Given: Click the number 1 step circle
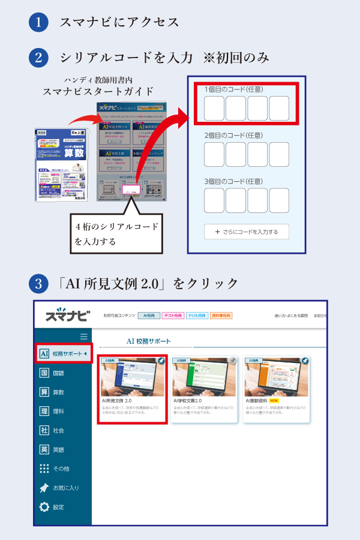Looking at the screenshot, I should (x=38, y=22).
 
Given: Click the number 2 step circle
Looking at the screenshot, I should (x=38, y=58).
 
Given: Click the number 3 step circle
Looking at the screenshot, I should (x=38, y=282).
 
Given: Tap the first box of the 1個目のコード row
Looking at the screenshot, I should (x=214, y=108).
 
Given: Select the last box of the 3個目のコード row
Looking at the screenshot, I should (x=279, y=200).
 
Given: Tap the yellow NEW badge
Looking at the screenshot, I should (x=274, y=400).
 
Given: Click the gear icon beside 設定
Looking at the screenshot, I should (x=44, y=507).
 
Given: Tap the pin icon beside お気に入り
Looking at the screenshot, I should (x=44, y=488).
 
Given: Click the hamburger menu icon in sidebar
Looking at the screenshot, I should (x=83, y=337).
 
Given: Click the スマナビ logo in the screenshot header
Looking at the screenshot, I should (x=67, y=315).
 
